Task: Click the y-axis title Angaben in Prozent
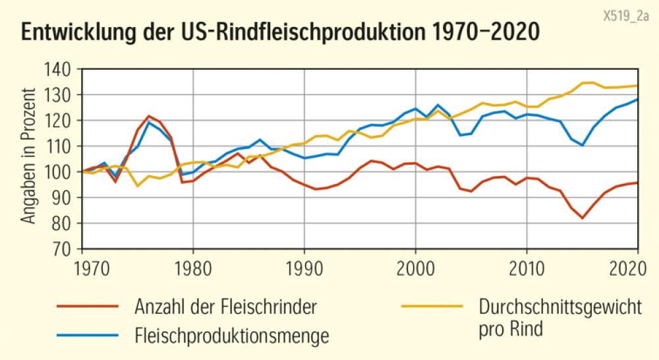(29, 158)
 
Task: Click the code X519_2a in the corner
(626, 14)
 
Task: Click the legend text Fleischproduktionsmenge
(231, 336)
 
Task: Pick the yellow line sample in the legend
(431, 307)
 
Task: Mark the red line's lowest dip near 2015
(582, 218)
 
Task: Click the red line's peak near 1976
(149, 116)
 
